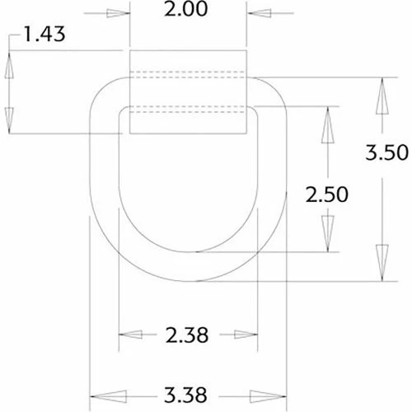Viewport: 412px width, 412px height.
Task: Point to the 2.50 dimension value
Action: coord(327,194)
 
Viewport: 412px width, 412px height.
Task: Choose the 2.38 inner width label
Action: coord(185,335)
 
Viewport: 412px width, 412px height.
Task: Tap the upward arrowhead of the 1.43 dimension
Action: coord(10,67)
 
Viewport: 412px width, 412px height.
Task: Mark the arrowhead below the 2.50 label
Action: coord(327,234)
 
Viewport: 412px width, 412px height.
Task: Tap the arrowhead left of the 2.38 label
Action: coord(130,335)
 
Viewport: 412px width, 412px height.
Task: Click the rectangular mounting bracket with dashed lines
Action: coord(189,91)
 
